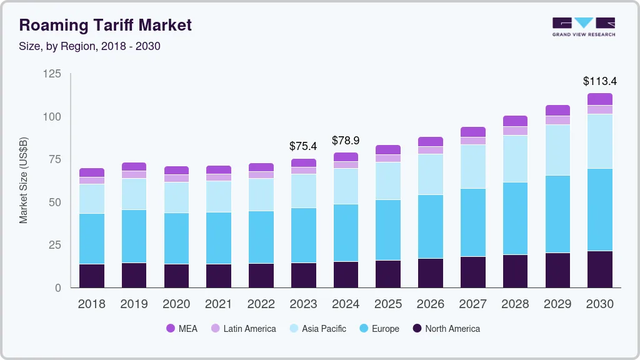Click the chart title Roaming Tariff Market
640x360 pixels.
coord(105,26)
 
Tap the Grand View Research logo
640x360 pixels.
coord(583,27)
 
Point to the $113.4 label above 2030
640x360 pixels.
coord(599,81)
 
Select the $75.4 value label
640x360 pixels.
coord(303,146)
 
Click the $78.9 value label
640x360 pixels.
coord(346,141)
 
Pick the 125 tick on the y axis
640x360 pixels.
coord(52,74)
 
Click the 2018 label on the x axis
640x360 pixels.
coord(92,304)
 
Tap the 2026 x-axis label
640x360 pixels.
coord(431,304)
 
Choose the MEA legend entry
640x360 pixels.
coord(181,329)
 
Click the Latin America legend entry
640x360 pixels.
coord(243,329)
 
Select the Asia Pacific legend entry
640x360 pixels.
coord(317,329)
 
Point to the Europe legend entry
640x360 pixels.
coord(379,329)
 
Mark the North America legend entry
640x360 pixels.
coord(446,329)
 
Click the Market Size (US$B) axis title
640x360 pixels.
coord(24,180)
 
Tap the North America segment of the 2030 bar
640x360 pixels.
coord(600,269)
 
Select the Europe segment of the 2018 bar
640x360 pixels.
coord(92,239)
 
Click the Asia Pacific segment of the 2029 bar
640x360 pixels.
coord(557,150)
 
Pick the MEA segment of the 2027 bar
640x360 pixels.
coord(473,132)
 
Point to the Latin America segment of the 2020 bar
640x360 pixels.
coord(176,178)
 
